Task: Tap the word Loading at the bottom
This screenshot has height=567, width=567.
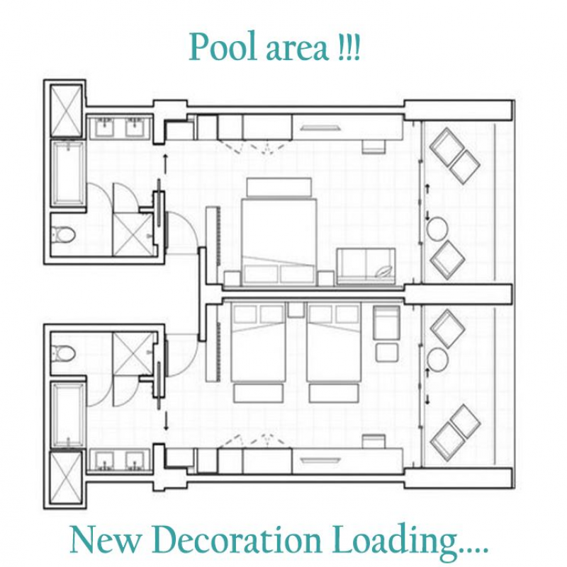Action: point(405,541)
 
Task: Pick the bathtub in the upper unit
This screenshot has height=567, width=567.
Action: point(69,173)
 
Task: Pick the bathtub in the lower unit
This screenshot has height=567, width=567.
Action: point(69,415)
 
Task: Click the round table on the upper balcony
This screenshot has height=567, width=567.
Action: point(438,229)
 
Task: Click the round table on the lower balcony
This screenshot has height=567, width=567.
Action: point(438,359)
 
